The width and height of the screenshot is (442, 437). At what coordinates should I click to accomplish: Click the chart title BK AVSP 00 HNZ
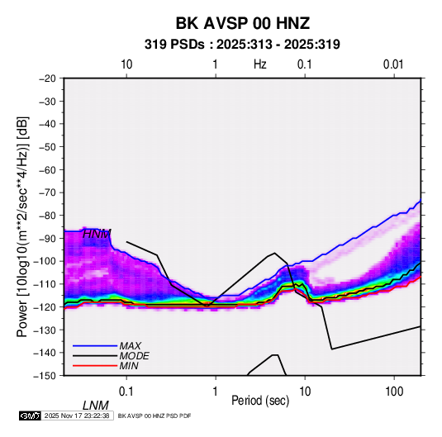pyautogui.click(x=243, y=23)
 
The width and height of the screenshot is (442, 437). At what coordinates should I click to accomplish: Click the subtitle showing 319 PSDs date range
pyautogui.click(x=242, y=45)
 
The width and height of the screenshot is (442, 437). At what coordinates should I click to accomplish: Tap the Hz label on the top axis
pyautogui.click(x=260, y=64)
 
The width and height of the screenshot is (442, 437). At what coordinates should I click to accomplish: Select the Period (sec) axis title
pyautogui.click(x=260, y=401)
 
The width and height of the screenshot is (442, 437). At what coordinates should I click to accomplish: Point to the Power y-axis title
pyautogui.click(x=22, y=226)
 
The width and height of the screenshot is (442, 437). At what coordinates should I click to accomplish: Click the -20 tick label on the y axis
pyautogui.click(x=47, y=78)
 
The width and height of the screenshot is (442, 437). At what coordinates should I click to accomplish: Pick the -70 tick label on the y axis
pyautogui.click(x=47, y=192)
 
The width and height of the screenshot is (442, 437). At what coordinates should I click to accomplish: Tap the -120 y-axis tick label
pyautogui.click(x=45, y=306)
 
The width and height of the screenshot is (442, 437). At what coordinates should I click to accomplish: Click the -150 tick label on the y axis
pyautogui.click(x=45, y=376)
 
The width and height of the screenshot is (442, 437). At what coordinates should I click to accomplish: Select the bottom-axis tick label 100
pyautogui.click(x=394, y=392)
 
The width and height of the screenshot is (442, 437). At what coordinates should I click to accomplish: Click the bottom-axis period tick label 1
pyautogui.click(x=216, y=392)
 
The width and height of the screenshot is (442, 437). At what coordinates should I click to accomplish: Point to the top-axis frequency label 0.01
pyautogui.click(x=393, y=64)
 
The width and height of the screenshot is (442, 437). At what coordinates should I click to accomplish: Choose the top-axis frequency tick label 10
pyautogui.click(x=126, y=64)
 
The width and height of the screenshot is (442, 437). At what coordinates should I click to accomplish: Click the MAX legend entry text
pyautogui.click(x=131, y=346)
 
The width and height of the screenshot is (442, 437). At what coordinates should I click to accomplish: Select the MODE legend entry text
pyautogui.click(x=134, y=356)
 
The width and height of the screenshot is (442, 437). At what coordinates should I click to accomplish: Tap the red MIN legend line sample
pyautogui.click(x=95, y=366)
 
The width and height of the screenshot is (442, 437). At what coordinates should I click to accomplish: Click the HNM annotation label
pyautogui.click(x=97, y=234)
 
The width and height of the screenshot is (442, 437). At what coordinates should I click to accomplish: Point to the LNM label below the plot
pyautogui.click(x=95, y=406)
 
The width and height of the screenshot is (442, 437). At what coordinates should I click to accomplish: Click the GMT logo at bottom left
pyautogui.click(x=31, y=416)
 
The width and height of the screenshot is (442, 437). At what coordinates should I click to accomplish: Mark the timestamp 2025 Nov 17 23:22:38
pyautogui.click(x=77, y=416)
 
